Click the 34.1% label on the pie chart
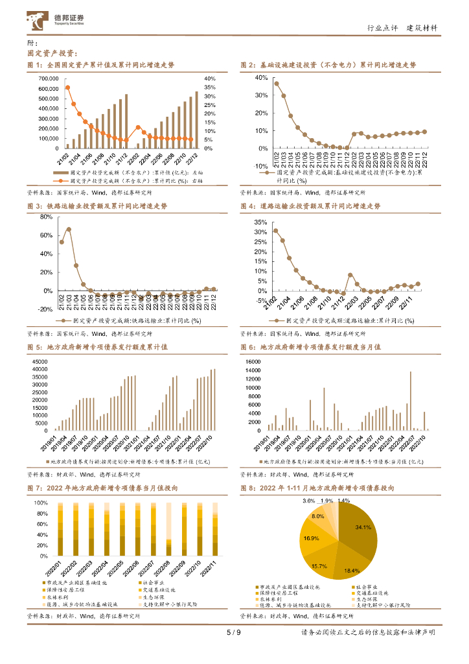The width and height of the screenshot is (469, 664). point(363,527)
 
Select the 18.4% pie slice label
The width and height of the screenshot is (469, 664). point(351,570)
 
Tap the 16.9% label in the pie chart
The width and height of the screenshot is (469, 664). point(311,538)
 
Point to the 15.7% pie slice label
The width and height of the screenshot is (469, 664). point(319,566)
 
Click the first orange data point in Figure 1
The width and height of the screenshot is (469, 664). point(67,88)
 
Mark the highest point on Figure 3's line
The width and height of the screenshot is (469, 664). point(69,230)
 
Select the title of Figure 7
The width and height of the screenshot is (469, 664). point(102,488)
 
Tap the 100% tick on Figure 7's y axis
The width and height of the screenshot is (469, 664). point(40,503)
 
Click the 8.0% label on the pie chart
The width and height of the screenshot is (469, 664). point(318,516)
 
